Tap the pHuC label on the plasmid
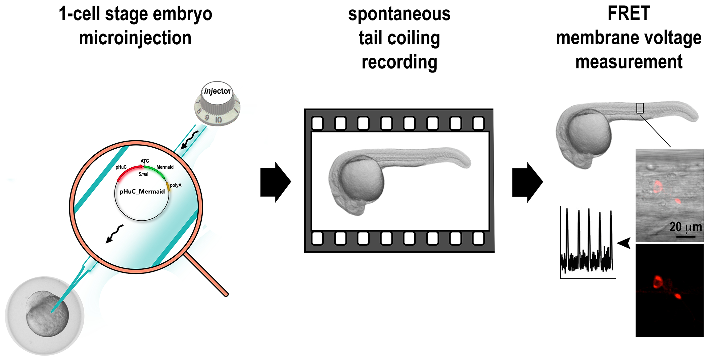point(121,167)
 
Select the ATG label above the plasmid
point(145,161)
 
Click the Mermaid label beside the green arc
point(165,167)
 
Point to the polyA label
point(176,185)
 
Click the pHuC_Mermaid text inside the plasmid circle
point(142,192)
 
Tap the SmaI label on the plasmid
point(143,174)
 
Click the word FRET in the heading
point(629,14)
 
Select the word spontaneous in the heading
point(399,14)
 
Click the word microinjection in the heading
point(135,38)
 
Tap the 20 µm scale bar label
point(685,227)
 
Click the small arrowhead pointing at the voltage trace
point(624,243)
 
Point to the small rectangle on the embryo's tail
point(640,108)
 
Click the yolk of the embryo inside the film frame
point(362,181)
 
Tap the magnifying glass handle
point(206,275)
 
